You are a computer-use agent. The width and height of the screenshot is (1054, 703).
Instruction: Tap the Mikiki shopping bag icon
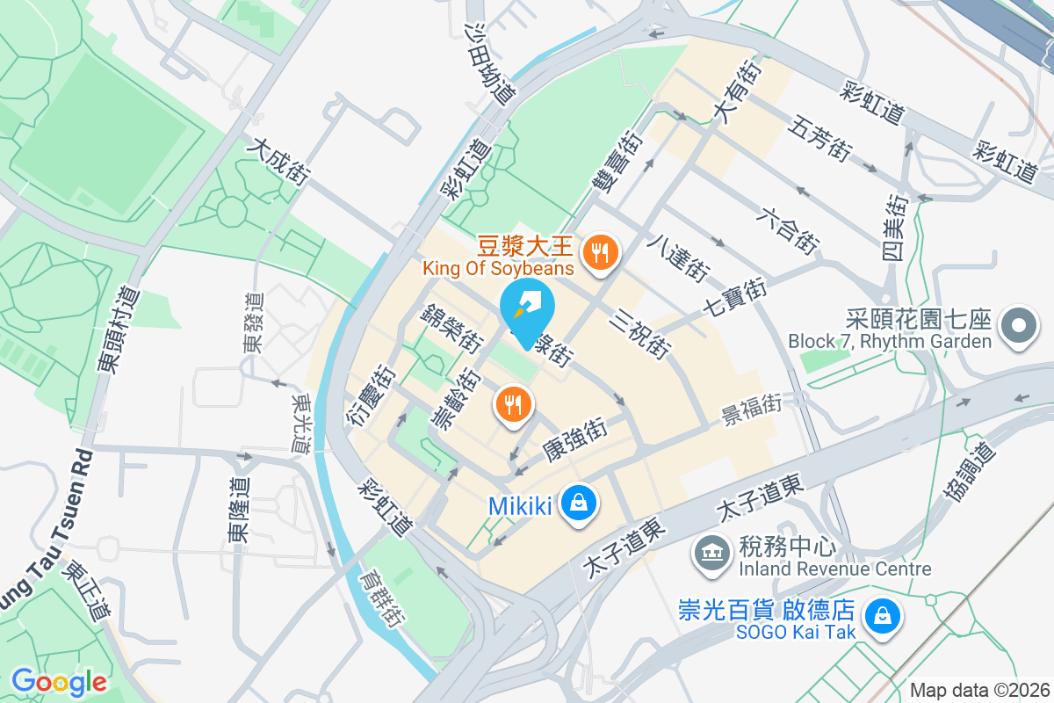(579, 505)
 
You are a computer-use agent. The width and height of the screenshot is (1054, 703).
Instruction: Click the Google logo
(59, 681)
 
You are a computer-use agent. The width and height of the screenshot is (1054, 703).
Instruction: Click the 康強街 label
(574, 440)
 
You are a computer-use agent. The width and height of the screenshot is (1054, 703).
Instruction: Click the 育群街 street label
(381, 598)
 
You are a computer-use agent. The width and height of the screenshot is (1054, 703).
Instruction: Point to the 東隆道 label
(238, 510)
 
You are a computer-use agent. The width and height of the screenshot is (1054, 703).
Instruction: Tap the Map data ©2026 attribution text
(979, 690)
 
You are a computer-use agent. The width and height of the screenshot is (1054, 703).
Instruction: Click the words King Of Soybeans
(498, 267)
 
